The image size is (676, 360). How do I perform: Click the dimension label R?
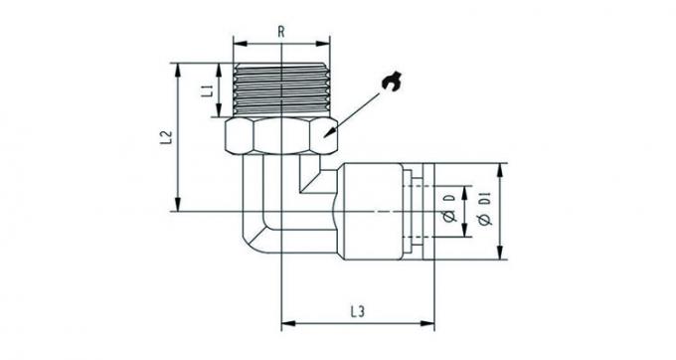point(281,31)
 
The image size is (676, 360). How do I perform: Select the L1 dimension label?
point(207,90)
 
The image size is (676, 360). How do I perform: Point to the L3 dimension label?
point(358,311)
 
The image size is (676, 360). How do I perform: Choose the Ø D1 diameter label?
point(484,211)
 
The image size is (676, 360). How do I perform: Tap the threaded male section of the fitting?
point(281,91)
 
